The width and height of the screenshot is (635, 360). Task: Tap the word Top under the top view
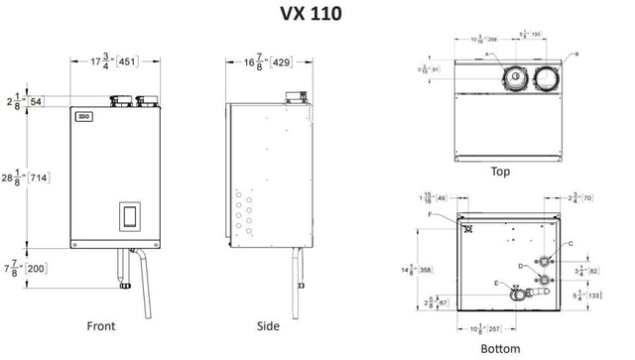pyautogui.click(x=501, y=171)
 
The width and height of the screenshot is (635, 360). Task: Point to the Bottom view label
pyautogui.click(x=500, y=348)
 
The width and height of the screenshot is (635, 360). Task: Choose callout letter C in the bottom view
pyautogui.click(x=570, y=243)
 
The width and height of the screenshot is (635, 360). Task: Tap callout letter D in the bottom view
pyautogui.click(x=520, y=266)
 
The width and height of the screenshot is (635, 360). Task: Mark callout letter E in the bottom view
pyautogui.click(x=495, y=284)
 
